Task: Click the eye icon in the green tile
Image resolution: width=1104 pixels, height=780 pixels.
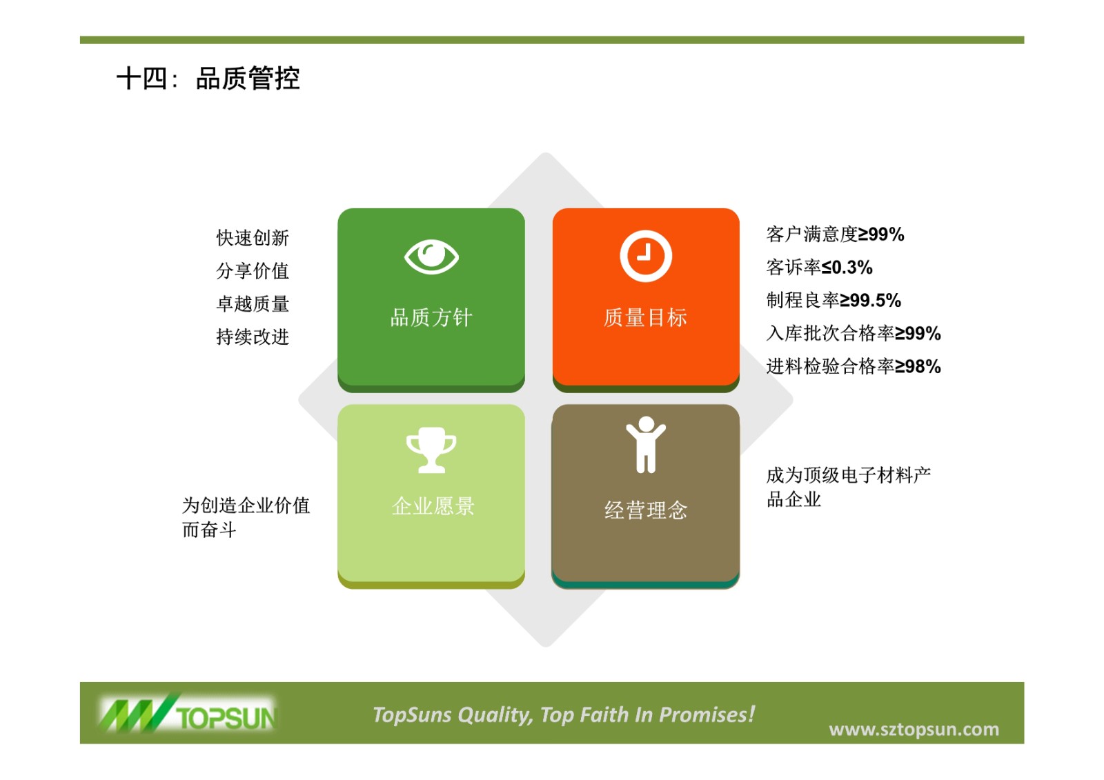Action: (x=431, y=257)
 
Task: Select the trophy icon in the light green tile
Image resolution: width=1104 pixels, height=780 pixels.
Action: (x=431, y=450)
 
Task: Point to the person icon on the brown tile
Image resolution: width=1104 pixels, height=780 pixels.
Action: (x=646, y=444)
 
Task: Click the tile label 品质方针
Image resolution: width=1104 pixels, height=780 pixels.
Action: (x=431, y=317)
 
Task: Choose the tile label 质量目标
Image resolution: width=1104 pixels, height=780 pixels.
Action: (x=646, y=317)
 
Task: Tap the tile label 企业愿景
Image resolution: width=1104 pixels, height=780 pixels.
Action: (x=433, y=506)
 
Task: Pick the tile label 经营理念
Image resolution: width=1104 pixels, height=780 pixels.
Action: (x=646, y=510)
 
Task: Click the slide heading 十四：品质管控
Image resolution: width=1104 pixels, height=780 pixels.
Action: (x=208, y=79)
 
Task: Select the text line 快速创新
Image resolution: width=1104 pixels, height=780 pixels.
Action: (x=253, y=237)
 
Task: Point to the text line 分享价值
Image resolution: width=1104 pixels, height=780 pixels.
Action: (x=253, y=270)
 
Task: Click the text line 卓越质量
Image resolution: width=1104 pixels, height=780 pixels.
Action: (x=253, y=303)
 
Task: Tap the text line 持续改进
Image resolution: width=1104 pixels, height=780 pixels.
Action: (x=253, y=337)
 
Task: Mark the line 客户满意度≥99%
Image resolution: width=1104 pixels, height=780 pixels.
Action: (x=836, y=234)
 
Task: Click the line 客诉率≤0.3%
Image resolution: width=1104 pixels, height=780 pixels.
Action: (x=819, y=267)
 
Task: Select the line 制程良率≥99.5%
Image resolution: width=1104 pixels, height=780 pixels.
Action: (x=834, y=300)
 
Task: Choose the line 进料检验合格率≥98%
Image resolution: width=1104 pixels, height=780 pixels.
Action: (x=854, y=366)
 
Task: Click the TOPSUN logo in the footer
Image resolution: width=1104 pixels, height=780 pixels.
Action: (x=188, y=713)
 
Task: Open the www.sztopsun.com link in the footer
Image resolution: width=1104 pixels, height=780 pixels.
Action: (x=914, y=729)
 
